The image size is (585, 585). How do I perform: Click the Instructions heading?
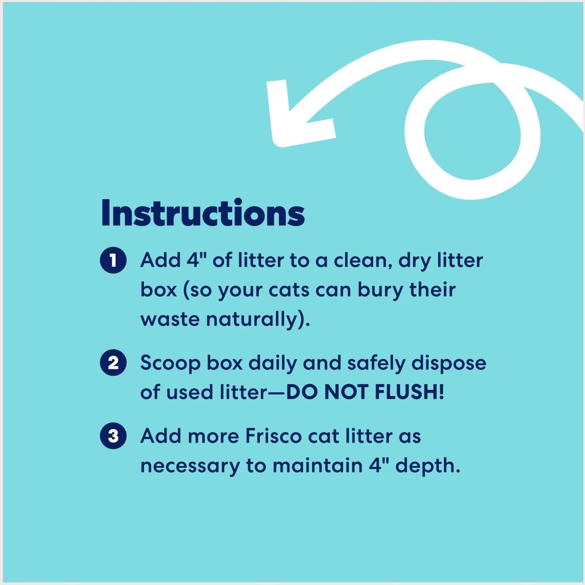tap(203, 213)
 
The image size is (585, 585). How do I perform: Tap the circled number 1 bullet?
tap(113, 260)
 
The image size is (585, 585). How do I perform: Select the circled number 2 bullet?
tap(113, 363)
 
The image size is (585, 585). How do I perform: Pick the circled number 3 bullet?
tap(113, 436)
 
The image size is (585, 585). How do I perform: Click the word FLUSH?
tap(409, 392)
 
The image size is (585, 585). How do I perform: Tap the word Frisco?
tap(273, 436)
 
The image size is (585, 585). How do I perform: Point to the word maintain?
tap(317, 466)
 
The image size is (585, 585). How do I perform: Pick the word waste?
tap(170, 319)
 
